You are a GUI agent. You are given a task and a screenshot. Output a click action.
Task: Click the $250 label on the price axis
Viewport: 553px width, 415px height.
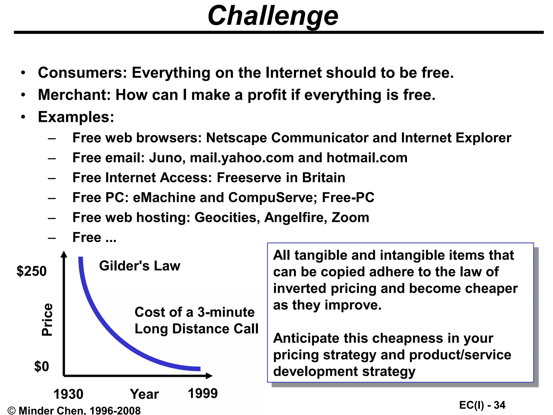[x=32, y=271]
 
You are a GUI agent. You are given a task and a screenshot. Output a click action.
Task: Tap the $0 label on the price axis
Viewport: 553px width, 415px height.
[x=41, y=367]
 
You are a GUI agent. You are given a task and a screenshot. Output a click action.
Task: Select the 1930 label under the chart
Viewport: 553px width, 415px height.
[x=68, y=394]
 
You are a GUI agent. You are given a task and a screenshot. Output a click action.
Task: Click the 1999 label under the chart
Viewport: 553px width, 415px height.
[x=203, y=393]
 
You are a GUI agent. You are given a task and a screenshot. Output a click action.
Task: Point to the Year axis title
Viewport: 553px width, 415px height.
[x=144, y=394]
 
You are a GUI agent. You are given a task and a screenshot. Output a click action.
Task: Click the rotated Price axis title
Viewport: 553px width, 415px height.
[x=47, y=320]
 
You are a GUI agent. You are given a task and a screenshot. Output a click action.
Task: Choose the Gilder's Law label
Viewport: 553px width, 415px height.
[x=139, y=266]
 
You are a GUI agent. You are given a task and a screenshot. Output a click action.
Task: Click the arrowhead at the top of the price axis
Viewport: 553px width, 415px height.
[x=64, y=254]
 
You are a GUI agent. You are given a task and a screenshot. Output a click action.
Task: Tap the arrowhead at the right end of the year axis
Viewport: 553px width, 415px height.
[x=209, y=376]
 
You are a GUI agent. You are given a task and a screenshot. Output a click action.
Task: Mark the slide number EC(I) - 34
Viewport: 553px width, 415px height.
[x=482, y=405]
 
